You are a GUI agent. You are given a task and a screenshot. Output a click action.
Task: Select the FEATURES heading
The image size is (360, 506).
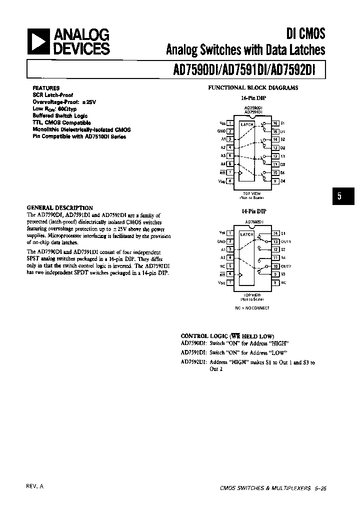click(x=46, y=88)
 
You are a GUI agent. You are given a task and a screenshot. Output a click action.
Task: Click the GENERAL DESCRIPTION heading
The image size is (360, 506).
click(x=59, y=207)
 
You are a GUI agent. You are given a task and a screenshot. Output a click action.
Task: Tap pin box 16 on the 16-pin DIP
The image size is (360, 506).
click(x=275, y=123)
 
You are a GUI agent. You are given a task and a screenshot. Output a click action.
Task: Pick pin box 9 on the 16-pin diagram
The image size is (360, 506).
click(x=275, y=181)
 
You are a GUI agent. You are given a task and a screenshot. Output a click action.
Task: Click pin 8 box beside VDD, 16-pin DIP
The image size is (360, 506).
click(x=229, y=181)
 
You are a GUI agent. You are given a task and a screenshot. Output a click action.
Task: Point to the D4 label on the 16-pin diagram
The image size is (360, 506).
click(x=283, y=181)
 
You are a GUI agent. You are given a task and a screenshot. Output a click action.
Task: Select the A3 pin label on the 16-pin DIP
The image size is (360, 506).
click(x=222, y=156)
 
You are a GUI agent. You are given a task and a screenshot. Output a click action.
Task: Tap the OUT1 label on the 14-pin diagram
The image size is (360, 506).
click(x=285, y=241)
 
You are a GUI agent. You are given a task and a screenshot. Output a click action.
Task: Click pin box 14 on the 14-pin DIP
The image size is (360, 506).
click(x=275, y=233)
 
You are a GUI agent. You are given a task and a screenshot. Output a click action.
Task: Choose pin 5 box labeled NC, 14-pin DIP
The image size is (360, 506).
click(x=229, y=266)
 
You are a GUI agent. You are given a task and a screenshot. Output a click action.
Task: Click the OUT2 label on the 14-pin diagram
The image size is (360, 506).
click(x=285, y=266)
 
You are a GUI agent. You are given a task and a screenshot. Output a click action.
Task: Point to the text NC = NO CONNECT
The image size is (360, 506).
click(x=252, y=308)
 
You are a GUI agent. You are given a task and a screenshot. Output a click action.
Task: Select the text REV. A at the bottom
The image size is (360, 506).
click(x=34, y=486)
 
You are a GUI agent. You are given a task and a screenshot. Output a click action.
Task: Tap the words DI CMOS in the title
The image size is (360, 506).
click(x=305, y=34)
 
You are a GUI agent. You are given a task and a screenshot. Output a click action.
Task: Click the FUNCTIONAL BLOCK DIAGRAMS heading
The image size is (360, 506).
click(x=253, y=87)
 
